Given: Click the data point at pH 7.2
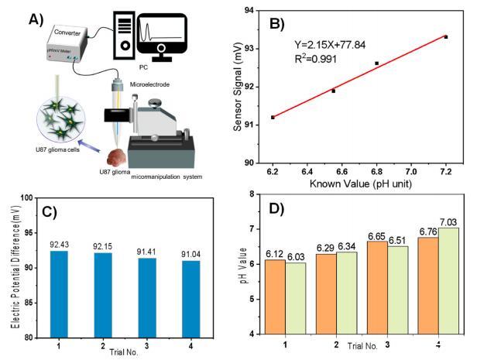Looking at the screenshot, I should pyautogui.click(x=446, y=37).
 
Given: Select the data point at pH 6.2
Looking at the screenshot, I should pyautogui.click(x=273, y=117).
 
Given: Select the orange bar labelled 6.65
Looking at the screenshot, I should pyautogui.click(x=380, y=286).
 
